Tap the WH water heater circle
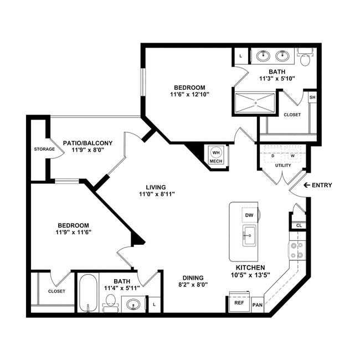pos(215,152)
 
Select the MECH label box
pos(215,161)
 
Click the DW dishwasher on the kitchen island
pos(249,215)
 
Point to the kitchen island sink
pos(249,235)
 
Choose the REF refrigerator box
pos(239,304)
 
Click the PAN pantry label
pos(257,305)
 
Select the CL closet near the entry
pos(299,225)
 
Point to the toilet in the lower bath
pos(110,302)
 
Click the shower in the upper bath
pos(255,102)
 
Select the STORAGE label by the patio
pos(44,149)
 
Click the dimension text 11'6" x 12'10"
pos(190,95)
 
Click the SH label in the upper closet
pos(312,97)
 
